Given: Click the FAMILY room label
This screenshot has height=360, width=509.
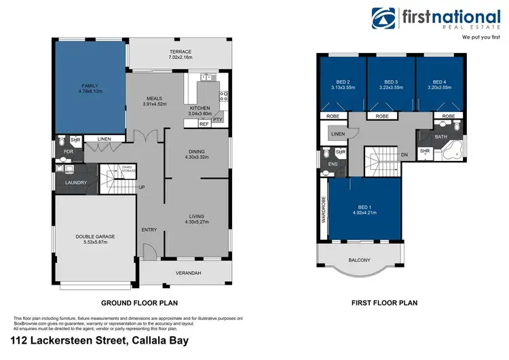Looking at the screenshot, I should [90, 86].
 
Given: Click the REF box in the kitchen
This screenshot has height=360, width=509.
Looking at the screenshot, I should [204, 124].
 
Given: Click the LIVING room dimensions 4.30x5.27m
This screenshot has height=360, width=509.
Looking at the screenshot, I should [197, 222].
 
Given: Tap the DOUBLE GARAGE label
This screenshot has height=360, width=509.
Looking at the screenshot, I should [95, 236].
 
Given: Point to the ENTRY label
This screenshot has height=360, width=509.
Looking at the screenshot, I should [149, 230].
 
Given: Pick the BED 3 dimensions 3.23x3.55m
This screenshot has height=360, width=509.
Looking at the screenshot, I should [390, 88].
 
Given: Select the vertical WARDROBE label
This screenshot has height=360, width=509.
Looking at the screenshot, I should [324, 209].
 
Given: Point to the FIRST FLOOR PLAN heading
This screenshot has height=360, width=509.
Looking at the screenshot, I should [384, 303].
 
